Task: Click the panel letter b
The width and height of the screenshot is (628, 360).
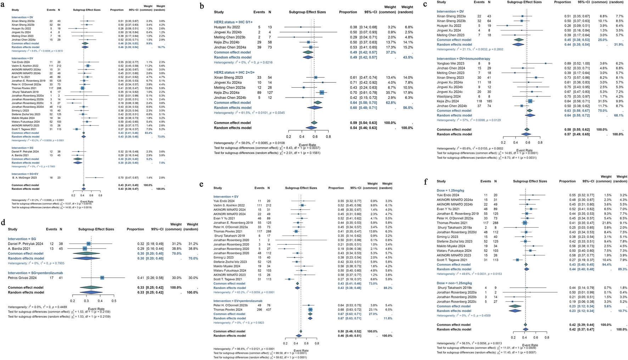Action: point(202,6)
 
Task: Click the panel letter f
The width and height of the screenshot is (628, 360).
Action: point(426,182)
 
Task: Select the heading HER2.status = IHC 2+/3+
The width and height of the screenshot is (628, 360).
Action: point(234,72)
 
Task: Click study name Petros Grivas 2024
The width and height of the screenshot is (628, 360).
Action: point(23,278)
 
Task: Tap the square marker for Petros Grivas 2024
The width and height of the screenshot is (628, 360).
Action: point(102,278)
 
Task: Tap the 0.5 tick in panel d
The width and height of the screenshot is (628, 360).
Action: point(114,301)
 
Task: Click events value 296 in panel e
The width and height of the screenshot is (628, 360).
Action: point(259,310)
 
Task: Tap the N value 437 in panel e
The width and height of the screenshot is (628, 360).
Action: point(269,310)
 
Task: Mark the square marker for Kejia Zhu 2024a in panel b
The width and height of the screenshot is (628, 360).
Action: point(322,93)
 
